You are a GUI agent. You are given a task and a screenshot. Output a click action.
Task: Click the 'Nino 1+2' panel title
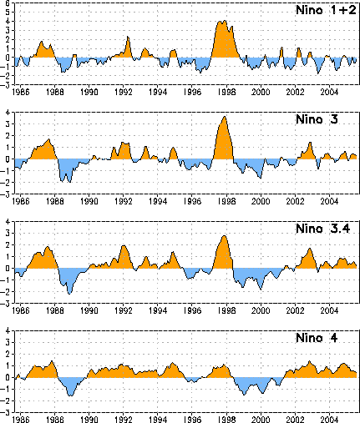pyautogui.click(x=326, y=10)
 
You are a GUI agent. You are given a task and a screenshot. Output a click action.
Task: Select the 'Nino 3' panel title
pyautogui.click(x=317, y=119)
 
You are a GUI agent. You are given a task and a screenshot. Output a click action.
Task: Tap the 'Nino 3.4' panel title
pyautogui.click(x=323, y=229)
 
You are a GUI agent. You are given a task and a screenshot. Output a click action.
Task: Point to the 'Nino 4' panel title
pyautogui.click(x=317, y=338)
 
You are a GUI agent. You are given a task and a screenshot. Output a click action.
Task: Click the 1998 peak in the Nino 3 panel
pyautogui.click(x=225, y=117)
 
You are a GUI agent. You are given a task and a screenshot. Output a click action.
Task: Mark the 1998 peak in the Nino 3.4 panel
pyautogui.click(x=224, y=236)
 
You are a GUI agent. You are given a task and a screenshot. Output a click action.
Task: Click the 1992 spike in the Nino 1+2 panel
pyautogui.click(x=128, y=37)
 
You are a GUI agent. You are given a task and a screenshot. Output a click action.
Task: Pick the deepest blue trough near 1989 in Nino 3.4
pyautogui.click(x=69, y=294)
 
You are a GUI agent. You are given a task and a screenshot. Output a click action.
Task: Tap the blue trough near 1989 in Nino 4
pyautogui.click(x=70, y=395)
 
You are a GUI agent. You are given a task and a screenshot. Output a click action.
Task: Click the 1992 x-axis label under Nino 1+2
pyautogui.click(x=124, y=92)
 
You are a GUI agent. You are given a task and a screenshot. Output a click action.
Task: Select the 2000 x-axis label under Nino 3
pyautogui.click(x=261, y=201)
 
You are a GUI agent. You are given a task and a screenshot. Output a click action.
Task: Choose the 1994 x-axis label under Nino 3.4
pyautogui.click(x=158, y=310)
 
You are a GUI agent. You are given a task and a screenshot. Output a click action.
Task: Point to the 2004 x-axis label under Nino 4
pyautogui.click(x=329, y=420)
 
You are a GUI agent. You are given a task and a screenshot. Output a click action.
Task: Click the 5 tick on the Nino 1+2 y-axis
pyautogui.click(x=8, y=12)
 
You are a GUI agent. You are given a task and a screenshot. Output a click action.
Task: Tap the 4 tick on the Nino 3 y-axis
pyautogui.click(x=8, y=113)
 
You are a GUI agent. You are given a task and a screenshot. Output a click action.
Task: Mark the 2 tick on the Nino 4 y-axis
pyautogui.click(x=8, y=355)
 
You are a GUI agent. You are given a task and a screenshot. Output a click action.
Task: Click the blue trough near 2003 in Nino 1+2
pyautogui.click(x=318, y=73)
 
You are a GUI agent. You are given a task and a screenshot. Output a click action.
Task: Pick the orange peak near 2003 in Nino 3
pyautogui.click(x=310, y=143)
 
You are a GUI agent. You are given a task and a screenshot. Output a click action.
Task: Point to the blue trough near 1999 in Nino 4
pyautogui.click(x=244, y=395)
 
